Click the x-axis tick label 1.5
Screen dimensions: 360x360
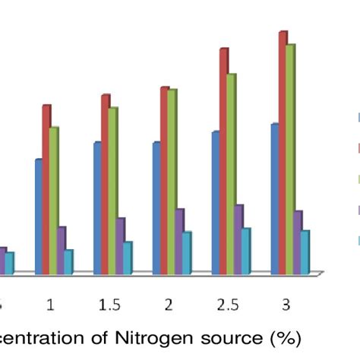click(x=109, y=305)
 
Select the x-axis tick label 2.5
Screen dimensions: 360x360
click(x=226, y=305)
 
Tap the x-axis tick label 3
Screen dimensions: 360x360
click(x=286, y=305)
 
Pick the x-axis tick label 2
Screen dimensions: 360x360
click(x=168, y=305)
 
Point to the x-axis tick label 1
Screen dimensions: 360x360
click(x=50, y=305)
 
